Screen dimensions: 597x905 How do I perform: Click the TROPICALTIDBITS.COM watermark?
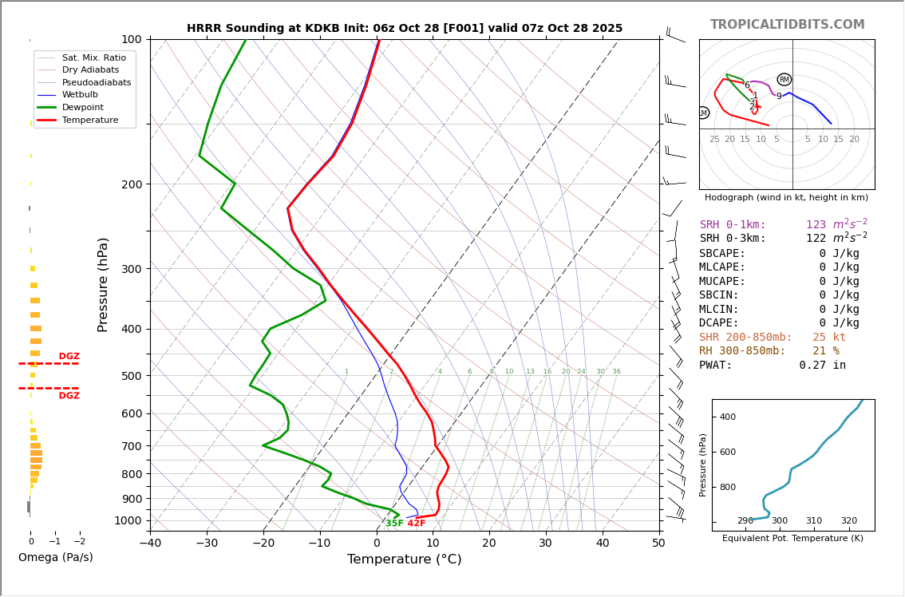point(787,25)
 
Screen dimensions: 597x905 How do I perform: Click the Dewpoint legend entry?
point(82,107)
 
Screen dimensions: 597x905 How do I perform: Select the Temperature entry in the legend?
point(89,120)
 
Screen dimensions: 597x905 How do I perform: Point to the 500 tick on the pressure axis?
point(131,376)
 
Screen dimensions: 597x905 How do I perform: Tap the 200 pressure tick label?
point(131,184)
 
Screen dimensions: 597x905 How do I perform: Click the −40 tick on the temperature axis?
point(150,544)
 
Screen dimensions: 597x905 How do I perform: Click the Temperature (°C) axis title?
point(404,559)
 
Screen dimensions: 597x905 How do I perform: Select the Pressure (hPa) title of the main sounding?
point(103,284)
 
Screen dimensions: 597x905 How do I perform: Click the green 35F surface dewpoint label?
point(394,524)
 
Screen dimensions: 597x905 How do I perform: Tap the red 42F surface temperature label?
point(417,524)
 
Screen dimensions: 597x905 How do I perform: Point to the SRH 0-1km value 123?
point(816,225)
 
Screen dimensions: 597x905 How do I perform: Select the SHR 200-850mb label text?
point(745,338)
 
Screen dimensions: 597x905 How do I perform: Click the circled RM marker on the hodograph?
point(784,80)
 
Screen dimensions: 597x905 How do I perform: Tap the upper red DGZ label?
point(69,357)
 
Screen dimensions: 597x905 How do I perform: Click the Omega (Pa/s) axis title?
point(55,557)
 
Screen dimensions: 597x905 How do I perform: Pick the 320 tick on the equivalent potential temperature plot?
point(848,521)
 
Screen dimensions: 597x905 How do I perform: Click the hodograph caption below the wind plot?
point(786,198)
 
